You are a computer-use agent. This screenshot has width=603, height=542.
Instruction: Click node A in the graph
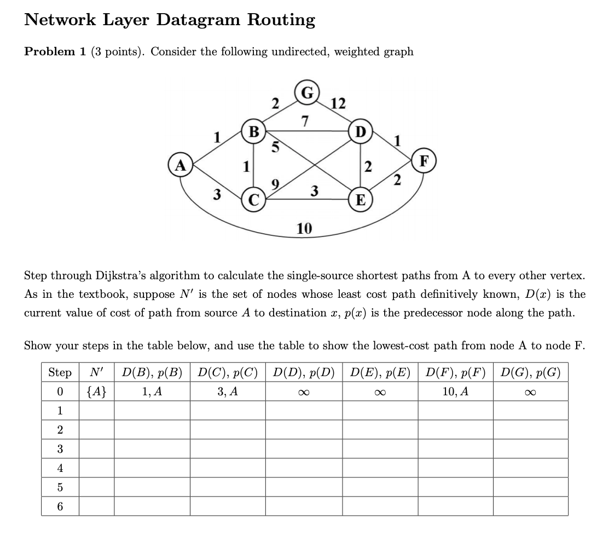tap(178, 165)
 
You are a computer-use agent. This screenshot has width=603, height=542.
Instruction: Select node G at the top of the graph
tap(305, 92)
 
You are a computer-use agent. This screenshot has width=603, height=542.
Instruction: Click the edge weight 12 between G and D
tap(338, 103)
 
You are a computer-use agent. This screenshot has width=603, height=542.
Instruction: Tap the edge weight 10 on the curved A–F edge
tap(304, 228)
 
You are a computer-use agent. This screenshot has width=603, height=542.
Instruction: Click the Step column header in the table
tap(60, 373)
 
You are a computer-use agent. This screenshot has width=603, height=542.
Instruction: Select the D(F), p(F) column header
tap(455, 373)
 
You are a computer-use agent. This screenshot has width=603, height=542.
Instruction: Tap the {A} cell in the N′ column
tap(96, 391)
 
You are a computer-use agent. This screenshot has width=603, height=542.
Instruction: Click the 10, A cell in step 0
tap(455, 391)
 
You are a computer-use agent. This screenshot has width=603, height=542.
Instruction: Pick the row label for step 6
tap(60, 506)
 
